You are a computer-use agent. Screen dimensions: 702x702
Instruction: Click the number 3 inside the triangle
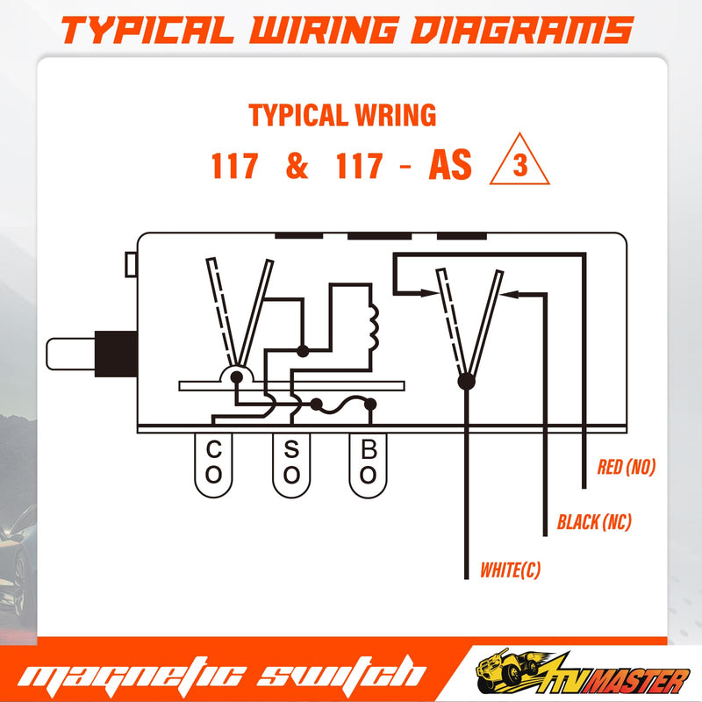pos(519,165)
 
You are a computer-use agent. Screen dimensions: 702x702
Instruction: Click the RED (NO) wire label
pos(627,467)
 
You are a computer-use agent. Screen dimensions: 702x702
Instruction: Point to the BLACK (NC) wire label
pos(594,522)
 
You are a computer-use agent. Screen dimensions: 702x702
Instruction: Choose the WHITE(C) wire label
pos(511,569)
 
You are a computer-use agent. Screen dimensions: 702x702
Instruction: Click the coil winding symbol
pos(373,326)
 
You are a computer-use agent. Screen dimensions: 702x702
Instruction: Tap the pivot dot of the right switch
pos(466,382)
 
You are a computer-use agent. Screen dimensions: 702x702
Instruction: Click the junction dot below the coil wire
pos(303,351)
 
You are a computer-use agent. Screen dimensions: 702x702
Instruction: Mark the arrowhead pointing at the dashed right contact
pos(428,293)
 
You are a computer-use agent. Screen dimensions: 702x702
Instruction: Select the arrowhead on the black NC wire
pos(509,294)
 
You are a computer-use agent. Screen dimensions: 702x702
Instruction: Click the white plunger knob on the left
pos(71,355)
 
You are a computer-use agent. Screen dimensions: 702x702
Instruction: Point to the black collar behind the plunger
pos(116,354)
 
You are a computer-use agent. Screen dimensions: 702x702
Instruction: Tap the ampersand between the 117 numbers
pos(297,165)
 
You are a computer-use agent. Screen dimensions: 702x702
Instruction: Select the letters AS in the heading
pos(450,165)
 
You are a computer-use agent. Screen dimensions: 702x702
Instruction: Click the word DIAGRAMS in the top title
pos(521,31)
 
